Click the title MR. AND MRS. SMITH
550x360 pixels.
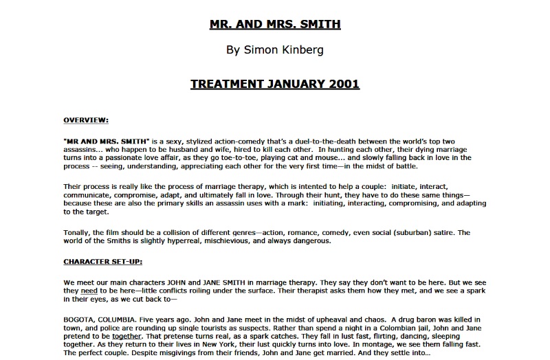click(275, 25)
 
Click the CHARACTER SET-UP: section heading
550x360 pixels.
click(102, 262)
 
